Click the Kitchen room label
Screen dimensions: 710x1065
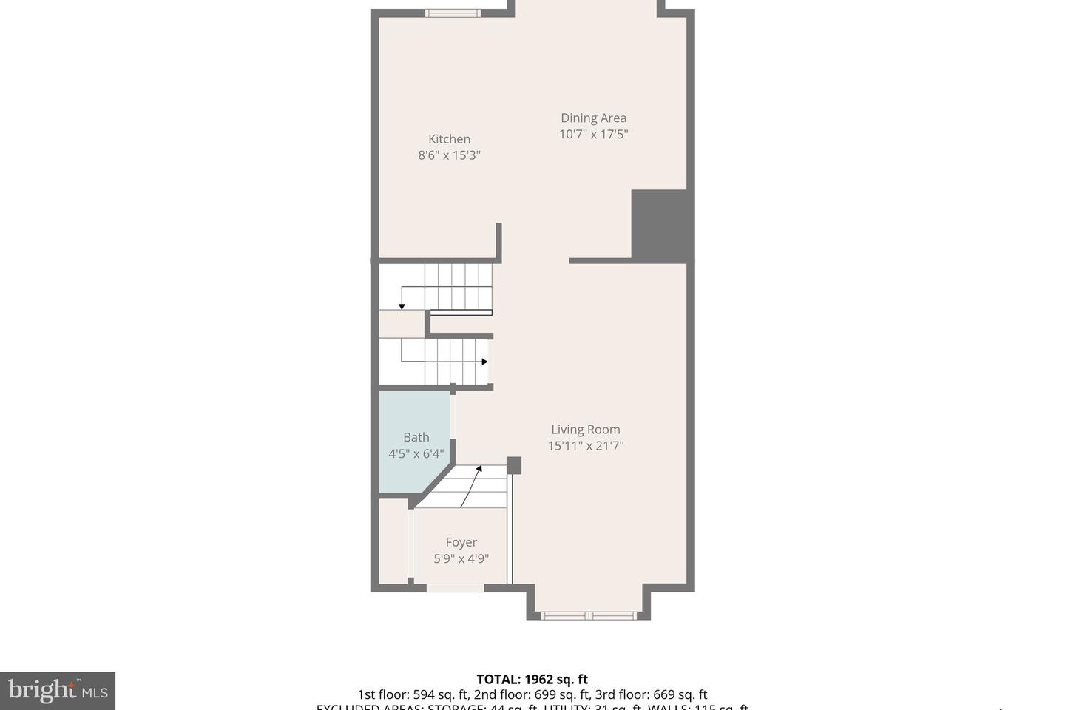(x=449, y=139)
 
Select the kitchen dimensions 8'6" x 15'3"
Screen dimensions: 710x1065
(x=449, y=155)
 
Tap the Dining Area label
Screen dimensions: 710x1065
(x=593, y=118)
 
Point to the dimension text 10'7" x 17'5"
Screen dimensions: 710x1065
(x=593, y=134)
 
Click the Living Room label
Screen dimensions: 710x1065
(x=585, y=430)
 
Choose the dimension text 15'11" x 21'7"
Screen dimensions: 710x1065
(x=585, y=446)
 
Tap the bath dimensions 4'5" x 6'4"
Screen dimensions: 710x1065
(x=416, y=453)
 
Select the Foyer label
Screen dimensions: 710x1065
(x=461, y=542)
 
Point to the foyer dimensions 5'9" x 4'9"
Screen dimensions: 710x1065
(x=461, y=559)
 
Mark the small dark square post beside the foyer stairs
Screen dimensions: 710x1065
(x=513, y=465)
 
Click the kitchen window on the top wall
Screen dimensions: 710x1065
(x=453, y=13)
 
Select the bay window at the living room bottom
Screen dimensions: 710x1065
(x=589, y=615)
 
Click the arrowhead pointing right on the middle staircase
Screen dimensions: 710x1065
(x=484, y=362)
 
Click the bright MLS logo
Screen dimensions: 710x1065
(x=58, y=691)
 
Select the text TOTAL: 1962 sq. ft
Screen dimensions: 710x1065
(x=532, y=679)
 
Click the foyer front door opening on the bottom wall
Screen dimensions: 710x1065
(x=455, y=588)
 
